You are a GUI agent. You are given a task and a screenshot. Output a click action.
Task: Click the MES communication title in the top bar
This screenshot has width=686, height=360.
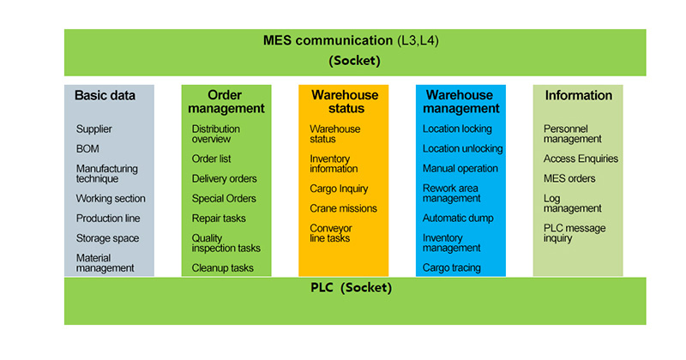(x=351, y=40)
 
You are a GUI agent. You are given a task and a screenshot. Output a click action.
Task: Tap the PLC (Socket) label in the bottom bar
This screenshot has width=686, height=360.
(x=352, y=287)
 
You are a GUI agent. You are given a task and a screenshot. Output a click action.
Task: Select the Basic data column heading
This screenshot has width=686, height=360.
(x=105, y=95)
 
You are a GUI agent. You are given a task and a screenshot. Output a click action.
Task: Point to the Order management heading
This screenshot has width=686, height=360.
(x=226, y=101)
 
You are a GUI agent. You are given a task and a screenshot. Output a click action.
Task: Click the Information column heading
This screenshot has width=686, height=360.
(x=578, y=95)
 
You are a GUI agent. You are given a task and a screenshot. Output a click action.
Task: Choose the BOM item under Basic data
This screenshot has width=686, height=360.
(x=87, y=149)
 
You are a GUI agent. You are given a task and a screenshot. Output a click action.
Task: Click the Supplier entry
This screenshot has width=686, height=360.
(x=94, y=129)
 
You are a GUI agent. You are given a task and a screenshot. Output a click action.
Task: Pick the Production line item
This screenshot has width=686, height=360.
(x=108, y=219)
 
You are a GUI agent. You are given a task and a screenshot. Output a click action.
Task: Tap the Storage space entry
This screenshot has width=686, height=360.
(x=108, y=238)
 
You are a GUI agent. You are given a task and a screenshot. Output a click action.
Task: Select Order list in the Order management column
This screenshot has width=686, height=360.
(x=211, y=159)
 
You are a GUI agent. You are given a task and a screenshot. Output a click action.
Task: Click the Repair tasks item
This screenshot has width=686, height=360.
(x=219, y=219)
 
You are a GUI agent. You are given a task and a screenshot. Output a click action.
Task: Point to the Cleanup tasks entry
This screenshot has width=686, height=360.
(x=223, y=267)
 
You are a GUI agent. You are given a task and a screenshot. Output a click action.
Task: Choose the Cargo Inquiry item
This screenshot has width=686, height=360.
(x=339, y=189)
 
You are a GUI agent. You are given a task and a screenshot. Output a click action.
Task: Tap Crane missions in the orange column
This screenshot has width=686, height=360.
(x=344, y=208)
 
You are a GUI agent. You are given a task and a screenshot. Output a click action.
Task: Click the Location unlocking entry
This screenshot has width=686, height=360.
(x=462, y=149)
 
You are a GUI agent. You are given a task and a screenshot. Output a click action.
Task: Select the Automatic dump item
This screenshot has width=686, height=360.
(x=458, y=219)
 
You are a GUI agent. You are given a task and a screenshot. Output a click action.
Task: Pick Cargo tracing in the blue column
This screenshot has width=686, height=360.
(x=452, y=267)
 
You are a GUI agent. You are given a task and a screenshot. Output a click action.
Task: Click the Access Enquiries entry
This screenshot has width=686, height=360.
(x=581, y=159)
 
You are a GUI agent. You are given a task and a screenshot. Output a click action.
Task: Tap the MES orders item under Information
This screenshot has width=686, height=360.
(x=569, y=178)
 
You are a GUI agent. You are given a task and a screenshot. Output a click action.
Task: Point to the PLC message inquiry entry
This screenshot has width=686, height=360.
(x=575, y=233)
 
